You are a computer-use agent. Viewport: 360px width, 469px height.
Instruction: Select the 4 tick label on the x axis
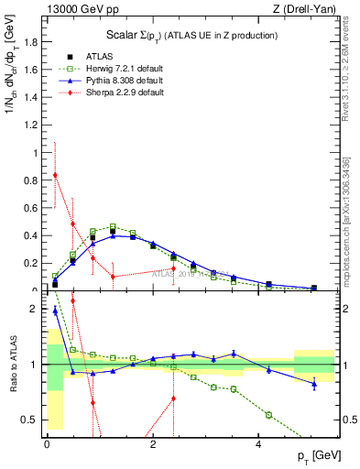[x=259, y=444]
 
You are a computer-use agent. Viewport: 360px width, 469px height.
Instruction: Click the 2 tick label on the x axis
[x=153, y=444]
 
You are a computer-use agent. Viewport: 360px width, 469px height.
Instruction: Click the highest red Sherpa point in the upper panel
[x=55, y=175]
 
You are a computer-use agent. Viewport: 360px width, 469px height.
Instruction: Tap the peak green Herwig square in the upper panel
[x=113, y=226]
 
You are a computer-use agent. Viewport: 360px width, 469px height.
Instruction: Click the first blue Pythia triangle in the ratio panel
[x=55, y=311]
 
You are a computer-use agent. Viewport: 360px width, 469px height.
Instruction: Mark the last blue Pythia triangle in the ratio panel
[x=314, y=384]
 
